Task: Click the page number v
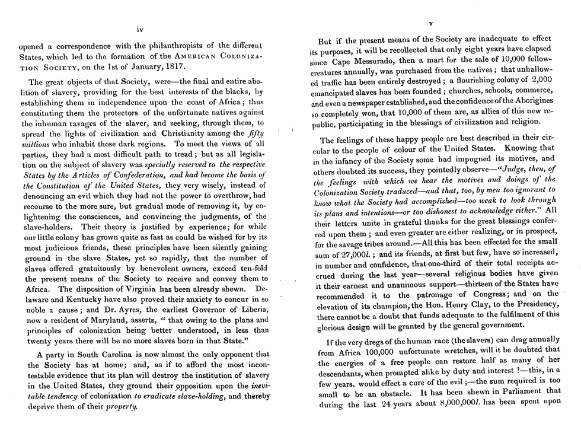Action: click(x=431, y=24)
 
